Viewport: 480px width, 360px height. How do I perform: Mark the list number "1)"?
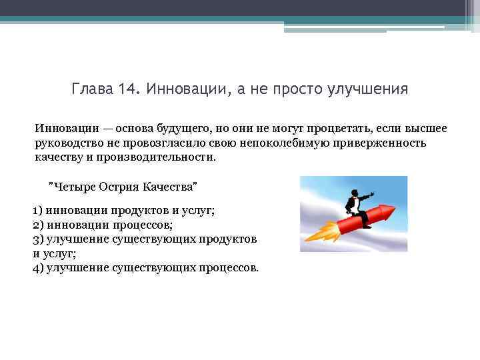pos(38,211)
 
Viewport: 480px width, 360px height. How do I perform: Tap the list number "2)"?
pos(38,225)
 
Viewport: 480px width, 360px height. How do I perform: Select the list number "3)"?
pos(38,239)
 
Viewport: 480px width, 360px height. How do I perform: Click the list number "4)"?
pos(38,267)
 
